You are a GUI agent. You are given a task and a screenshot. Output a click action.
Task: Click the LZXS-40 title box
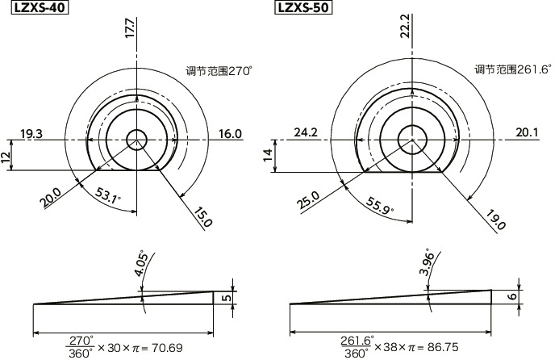pyautogui.click(x=40, y=7)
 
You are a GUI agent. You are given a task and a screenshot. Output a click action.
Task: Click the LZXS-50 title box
pyautogui.click(x=303, y=7)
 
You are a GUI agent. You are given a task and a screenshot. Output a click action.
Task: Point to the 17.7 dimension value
pyautogui.click(x=130, y=28)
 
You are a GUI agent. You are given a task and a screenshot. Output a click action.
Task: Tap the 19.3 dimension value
pyautogui.click(x=31, y=134)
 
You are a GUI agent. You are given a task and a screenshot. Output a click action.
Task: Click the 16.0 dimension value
pyautogui.click(x=230, y=134)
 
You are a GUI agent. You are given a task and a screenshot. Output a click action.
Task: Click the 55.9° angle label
pyautogui.click(x=380, y=206)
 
